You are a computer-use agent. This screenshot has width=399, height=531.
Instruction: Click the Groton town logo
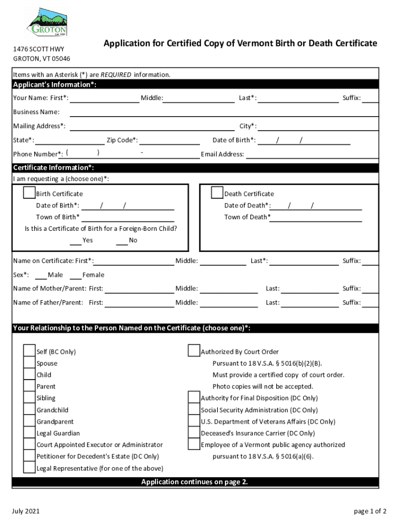pyautogui.click(x=46, y=23)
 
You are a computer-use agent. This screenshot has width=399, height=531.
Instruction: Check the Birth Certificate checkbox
pyautogui.click(x=29, y=193)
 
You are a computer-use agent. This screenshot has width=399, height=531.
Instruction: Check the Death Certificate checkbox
pyautogui.click(x=217, y=193)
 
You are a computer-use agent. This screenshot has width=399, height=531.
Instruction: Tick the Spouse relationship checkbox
pyautogui.click(x=29, y=363)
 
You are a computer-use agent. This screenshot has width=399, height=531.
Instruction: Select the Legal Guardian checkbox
pyautogui.click(x=29, y=433)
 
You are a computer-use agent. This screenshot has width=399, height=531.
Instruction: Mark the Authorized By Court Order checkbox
pyautogui.click(x=194, y=351)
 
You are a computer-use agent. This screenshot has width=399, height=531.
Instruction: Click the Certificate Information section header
pyautogui.click(x=53, y=167)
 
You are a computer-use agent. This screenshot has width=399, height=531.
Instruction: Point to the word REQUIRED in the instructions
pyautogui.click(x=116, y=75)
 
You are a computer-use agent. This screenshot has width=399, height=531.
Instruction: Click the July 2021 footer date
pyautogui.click(x=26, y=511)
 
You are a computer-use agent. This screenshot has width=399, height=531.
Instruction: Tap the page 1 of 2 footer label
pyautogui.click(x=370, y=511)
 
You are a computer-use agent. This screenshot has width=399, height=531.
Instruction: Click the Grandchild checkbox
pyautogui.click(x=29, y=410)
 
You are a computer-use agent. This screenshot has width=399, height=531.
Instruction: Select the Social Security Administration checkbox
pyautogui.click(x=194, y=410)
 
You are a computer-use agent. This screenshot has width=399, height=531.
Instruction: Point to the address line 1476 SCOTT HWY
pyautogui.click(x=35, y=49)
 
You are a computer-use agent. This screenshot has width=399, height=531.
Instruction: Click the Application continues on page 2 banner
pyautogui.click(x=195, y=482)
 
